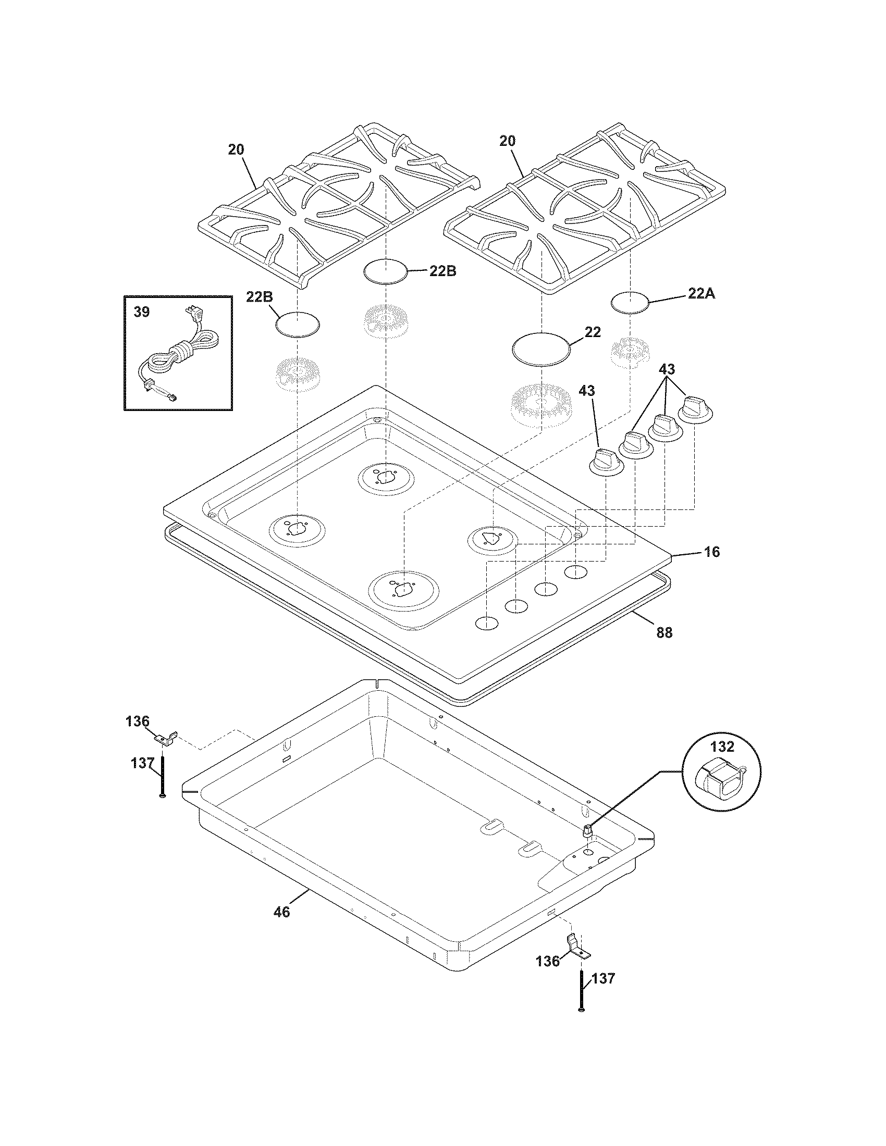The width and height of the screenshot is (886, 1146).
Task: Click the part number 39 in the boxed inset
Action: pyautogui.click(x=141, y=312)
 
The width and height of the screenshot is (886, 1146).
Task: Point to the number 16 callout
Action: pyautogui.click(x=712, y=552)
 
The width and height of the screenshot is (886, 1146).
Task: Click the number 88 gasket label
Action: pyautogui.click(x=664, y=632)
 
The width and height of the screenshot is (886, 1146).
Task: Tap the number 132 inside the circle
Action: pyautogui.click(x=723, y=745)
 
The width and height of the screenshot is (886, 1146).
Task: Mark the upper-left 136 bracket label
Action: pyautogui.click(x=138, y=721)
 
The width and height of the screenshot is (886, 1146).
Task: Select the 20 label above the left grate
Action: pyautogui.click(x=236, y=150)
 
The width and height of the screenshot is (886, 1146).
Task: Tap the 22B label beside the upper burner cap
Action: pyautogui.click(x=442, y=271)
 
